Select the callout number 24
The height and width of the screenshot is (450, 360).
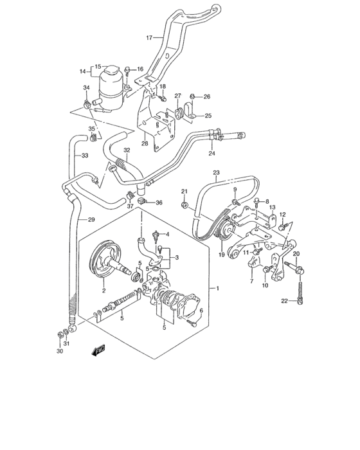click(211, 153)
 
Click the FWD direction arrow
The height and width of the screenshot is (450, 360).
click(98, 350)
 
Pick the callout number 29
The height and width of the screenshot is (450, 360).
click(91, 220)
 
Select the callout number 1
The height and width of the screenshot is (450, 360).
click(219, 289)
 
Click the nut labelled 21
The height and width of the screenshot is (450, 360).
click(184, 206)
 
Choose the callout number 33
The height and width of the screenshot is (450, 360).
click(84, 155)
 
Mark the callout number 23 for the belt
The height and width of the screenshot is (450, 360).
click(216, 173)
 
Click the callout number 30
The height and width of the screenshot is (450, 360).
click(59, 352)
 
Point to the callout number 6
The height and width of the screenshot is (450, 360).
click(201, 311)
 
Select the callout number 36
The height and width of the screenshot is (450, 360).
click(159, 203)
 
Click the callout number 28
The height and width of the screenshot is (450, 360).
click(145, 144)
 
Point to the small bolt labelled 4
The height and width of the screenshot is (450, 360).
click(155, 235)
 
